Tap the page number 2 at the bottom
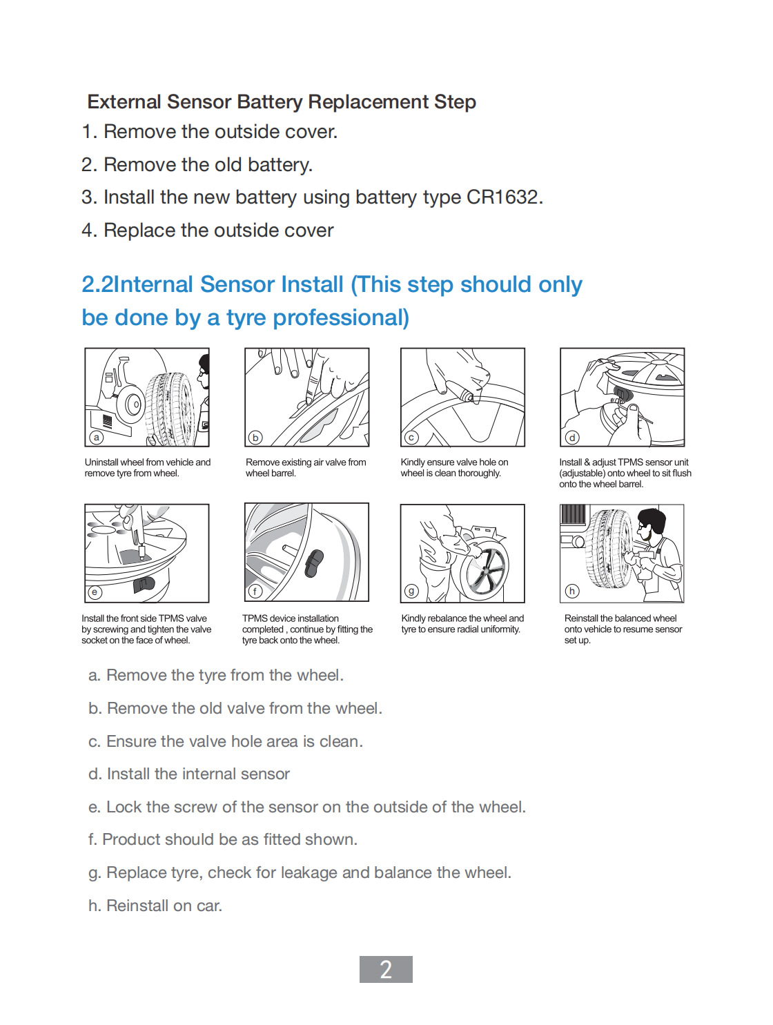coord(386,969)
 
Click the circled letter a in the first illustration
coord(97,437)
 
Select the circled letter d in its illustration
coord(571,438)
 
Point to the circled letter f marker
coord(255,592)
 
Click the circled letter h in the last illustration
coord(571,591)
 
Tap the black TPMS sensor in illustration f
coord(314,563)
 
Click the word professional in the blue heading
coord(341,318)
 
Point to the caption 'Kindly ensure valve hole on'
coord(454,462)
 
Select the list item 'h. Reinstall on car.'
coord(155,906)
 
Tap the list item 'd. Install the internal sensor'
coord(189,774)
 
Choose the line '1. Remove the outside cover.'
coord(210,132)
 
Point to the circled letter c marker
coord(411,438)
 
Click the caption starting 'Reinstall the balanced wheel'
coord(620,618)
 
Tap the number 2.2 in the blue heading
coord(97,284)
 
